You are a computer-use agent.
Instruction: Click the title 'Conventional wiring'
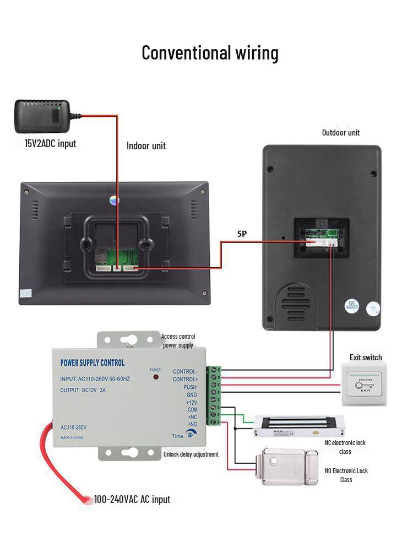(x=210, y=53)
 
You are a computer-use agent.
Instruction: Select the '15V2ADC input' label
(x=50, y=144)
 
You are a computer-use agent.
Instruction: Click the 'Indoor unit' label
(x=146, y=145)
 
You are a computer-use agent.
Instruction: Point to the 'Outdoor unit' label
(x=340, y=132)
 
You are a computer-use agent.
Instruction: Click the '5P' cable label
(x=242, y=234)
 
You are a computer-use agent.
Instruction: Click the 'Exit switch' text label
(x=366, y=358)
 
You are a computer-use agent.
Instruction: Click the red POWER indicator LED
(x=155, y=377)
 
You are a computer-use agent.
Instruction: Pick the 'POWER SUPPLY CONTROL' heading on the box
(x=92, y=363)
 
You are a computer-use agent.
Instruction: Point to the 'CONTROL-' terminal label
(x=185, y=372)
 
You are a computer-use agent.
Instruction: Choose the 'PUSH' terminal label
(x=190, y=387)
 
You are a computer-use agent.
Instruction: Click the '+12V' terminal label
(x=191, y=402)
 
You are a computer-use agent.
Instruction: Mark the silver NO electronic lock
(x=290, y=466)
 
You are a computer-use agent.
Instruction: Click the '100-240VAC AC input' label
(x=132, y=500)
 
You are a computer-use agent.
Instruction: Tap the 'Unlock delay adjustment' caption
(x=191, y=454)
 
